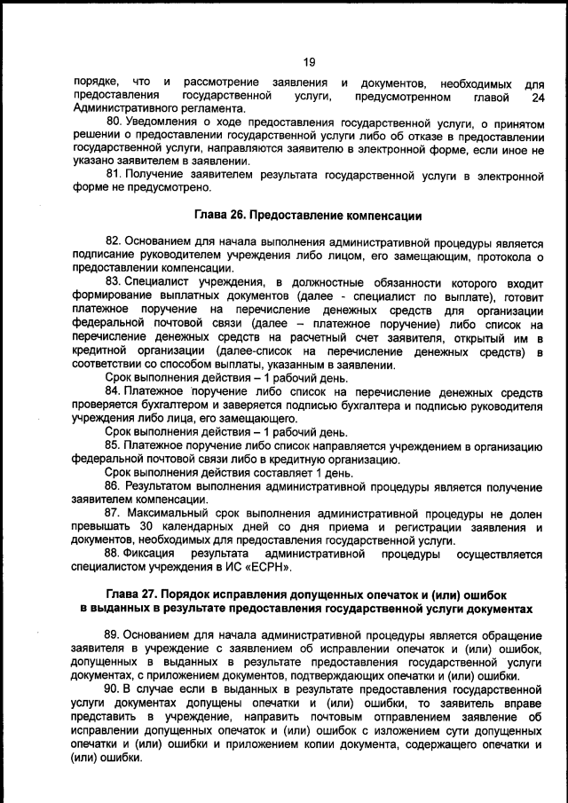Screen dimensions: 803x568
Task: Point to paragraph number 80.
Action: pyautogui.click(x=114, y=120)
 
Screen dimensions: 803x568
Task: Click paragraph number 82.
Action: pyautogui.click(x=114, y=242)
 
